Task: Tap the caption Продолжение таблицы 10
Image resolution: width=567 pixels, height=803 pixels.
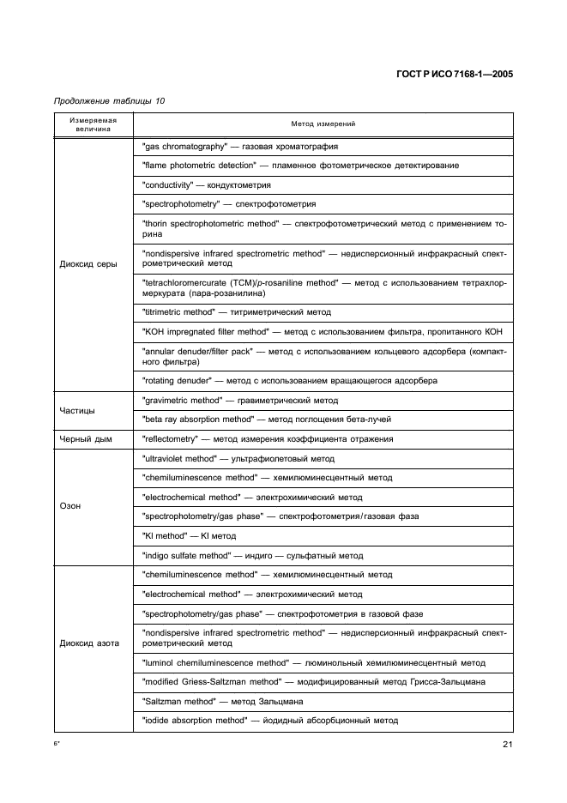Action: point(109,101)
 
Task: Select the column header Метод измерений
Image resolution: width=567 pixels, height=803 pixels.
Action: point(323,124)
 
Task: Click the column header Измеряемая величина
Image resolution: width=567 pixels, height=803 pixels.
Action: point(94,124)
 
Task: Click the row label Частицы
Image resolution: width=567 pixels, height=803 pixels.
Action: point(77,409)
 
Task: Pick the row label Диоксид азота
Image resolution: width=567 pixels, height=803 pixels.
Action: point(90,643)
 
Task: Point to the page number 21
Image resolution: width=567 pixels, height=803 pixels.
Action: point(508,745)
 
